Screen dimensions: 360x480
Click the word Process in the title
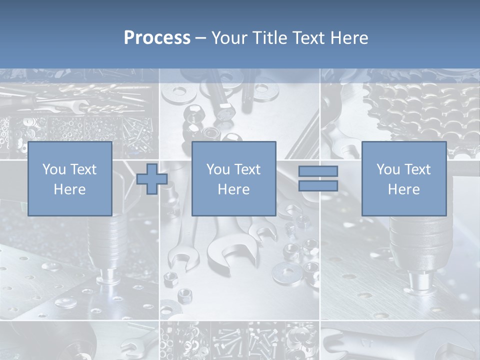(x=157, y=38)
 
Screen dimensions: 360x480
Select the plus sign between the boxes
(x=152, y=178)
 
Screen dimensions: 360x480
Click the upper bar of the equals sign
(x=318, y=171)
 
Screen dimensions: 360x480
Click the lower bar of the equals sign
(x=318, y=185)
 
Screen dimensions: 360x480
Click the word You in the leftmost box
(x=54, y=169)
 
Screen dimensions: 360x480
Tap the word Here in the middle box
(x=233, y=189)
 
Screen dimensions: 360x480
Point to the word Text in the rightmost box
(x=417, y=169)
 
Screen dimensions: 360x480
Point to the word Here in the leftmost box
(x=69, y=189)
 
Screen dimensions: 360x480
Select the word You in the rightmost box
(x=388, y=169)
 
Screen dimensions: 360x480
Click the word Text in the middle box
(x=247, y=169)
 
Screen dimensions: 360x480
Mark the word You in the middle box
(x=218, y=169)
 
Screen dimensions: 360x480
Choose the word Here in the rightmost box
(x=403, y=189)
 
